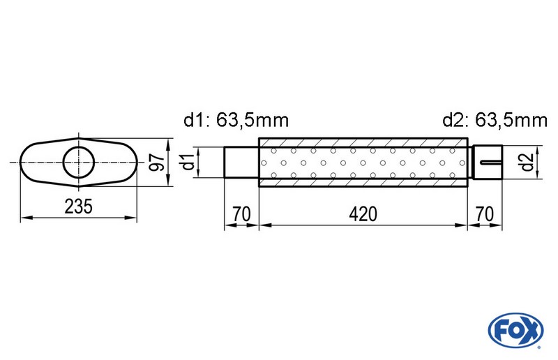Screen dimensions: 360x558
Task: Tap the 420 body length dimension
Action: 363,213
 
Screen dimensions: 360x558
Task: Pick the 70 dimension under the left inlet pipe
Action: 242,213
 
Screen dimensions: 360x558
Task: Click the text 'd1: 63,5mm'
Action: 236,121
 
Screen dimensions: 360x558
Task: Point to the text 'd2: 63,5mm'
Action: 495,121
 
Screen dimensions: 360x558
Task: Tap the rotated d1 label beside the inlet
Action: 186,163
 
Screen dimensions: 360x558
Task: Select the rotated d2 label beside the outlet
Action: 527,163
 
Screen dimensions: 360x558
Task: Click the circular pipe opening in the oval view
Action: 79,163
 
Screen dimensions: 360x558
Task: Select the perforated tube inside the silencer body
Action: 363,163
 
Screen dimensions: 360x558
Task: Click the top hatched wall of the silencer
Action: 363,142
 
